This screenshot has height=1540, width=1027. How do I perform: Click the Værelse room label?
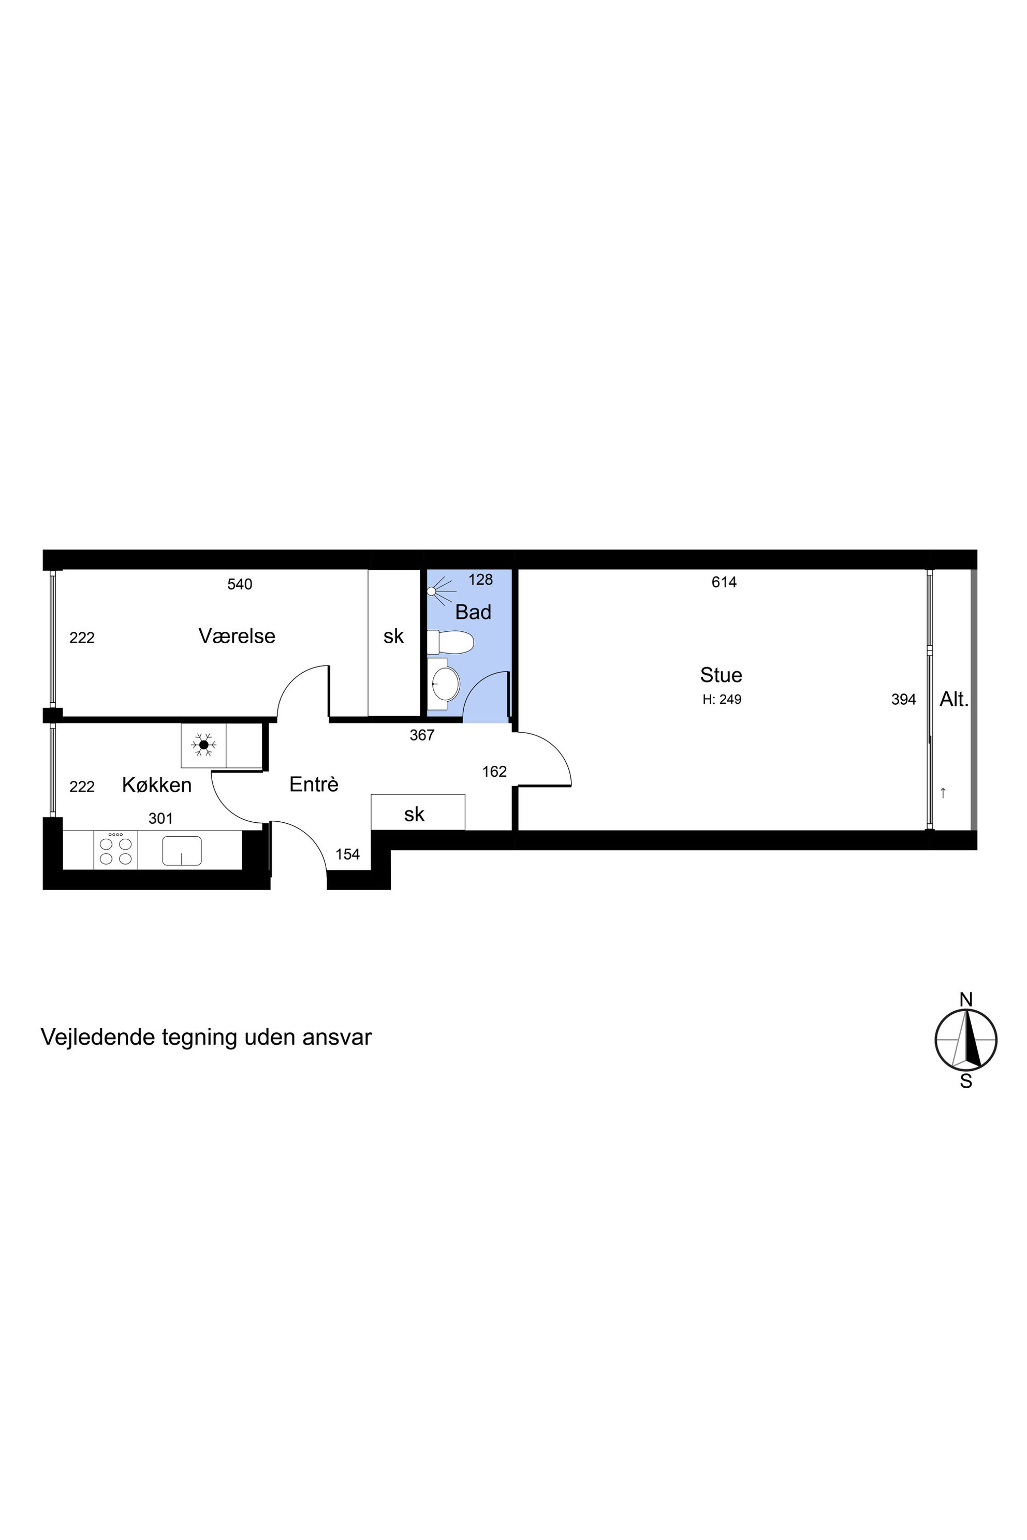237,636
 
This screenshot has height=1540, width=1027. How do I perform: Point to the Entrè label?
314,784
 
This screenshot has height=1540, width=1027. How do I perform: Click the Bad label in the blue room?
473,612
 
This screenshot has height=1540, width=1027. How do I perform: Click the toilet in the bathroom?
450,642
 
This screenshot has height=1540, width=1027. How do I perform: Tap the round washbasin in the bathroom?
445,684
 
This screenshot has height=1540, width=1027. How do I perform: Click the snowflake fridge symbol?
204,745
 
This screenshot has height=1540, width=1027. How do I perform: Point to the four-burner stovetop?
115,850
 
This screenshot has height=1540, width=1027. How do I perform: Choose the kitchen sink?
181,851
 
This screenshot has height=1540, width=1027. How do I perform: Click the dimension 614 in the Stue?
724,582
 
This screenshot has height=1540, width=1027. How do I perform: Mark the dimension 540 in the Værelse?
240,584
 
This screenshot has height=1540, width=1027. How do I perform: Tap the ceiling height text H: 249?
722,699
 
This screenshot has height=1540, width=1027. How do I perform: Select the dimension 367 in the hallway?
422,735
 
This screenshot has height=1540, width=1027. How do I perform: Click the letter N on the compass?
965,999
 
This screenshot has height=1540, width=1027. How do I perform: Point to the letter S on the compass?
965,1081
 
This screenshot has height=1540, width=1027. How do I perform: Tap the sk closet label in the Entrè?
414,814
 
